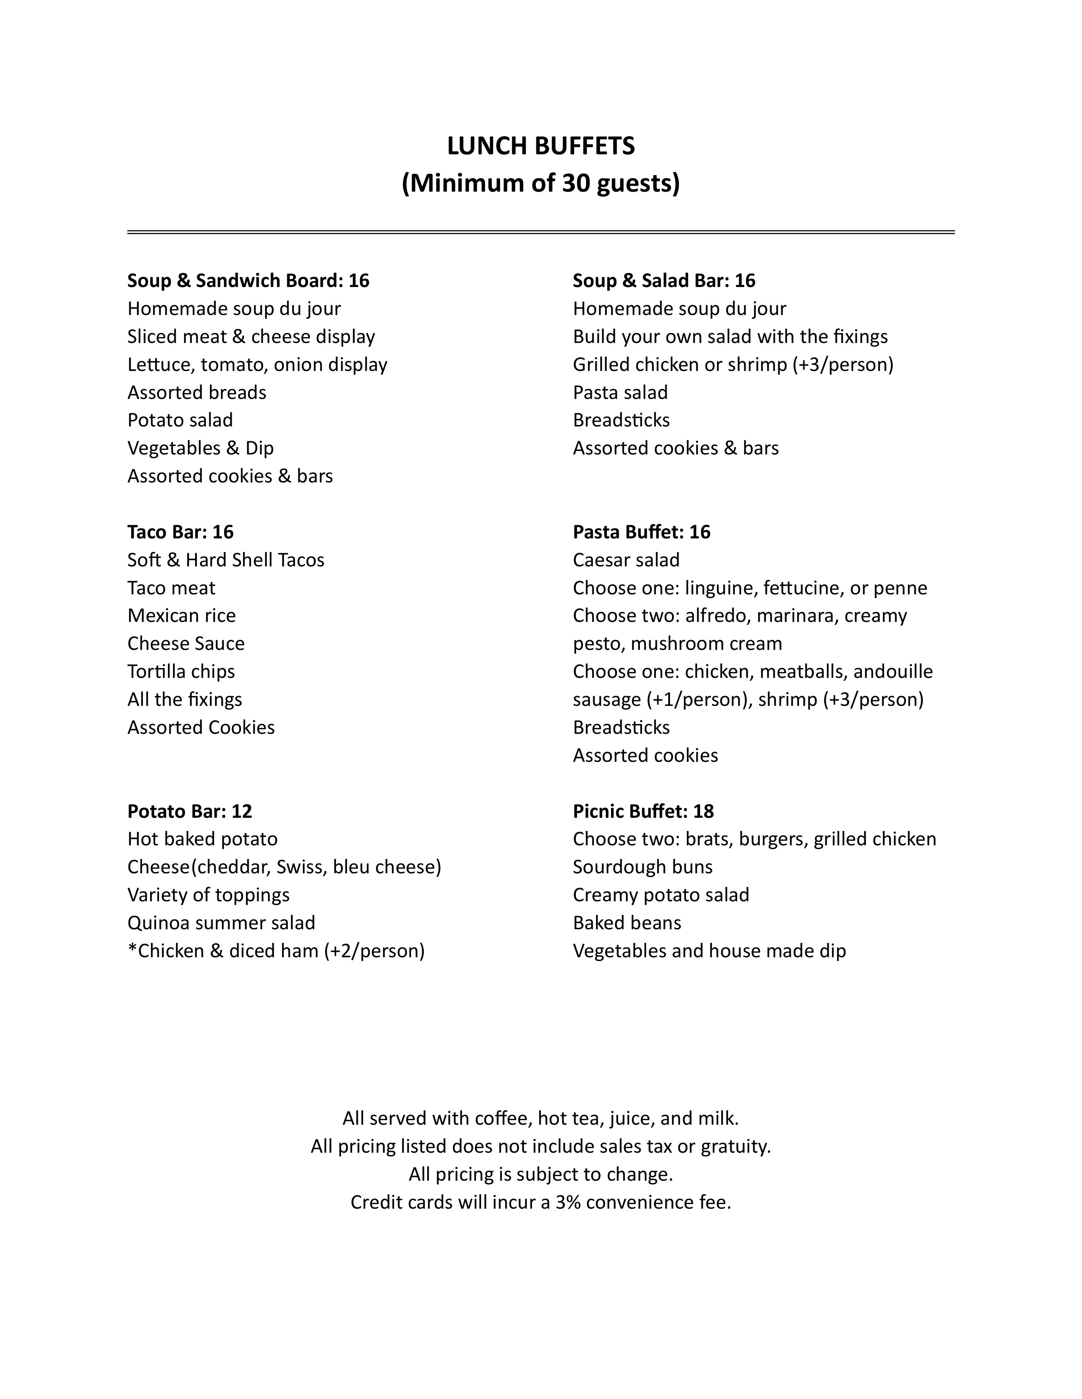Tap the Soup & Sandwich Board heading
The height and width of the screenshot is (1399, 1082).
pyautogui.click(x=248, y=281)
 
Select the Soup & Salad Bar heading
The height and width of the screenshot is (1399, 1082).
pyautogui.click(x=664, y=281)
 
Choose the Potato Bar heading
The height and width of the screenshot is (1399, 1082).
pyautogui.click(x=189, y=811)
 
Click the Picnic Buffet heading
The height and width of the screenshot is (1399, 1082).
pyautogui.click(x=643, y=811)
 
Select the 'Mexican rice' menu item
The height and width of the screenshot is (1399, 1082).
pyautogui.click(x=182, y=616)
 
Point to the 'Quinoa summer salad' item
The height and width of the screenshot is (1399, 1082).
pyautogui.click(x=221, y=922)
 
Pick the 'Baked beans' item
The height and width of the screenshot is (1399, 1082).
pyautogui.click(x=626, y=922)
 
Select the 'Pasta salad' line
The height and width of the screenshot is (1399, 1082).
pyautogui.click(x=620, y=392)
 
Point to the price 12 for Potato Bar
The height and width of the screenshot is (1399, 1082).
pyautogui.click(x=242, y=811)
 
